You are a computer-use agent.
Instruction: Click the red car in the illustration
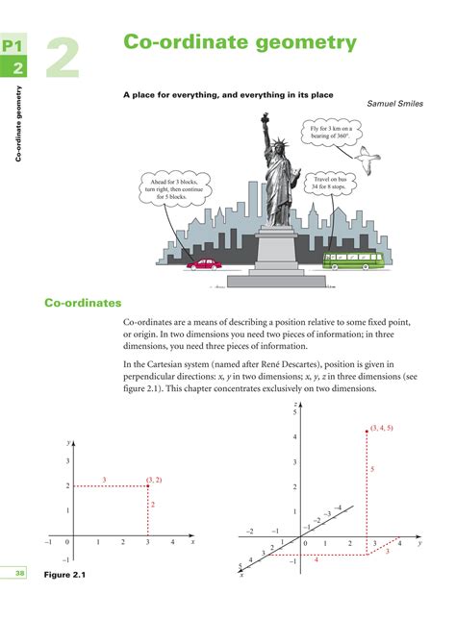tap(204, 261)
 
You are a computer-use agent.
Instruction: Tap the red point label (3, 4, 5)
tap(381, 427)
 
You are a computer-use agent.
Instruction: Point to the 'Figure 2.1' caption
tap(65, 575)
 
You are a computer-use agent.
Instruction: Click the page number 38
tap(19, 574)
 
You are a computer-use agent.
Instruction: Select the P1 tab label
tap(13, 46)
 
